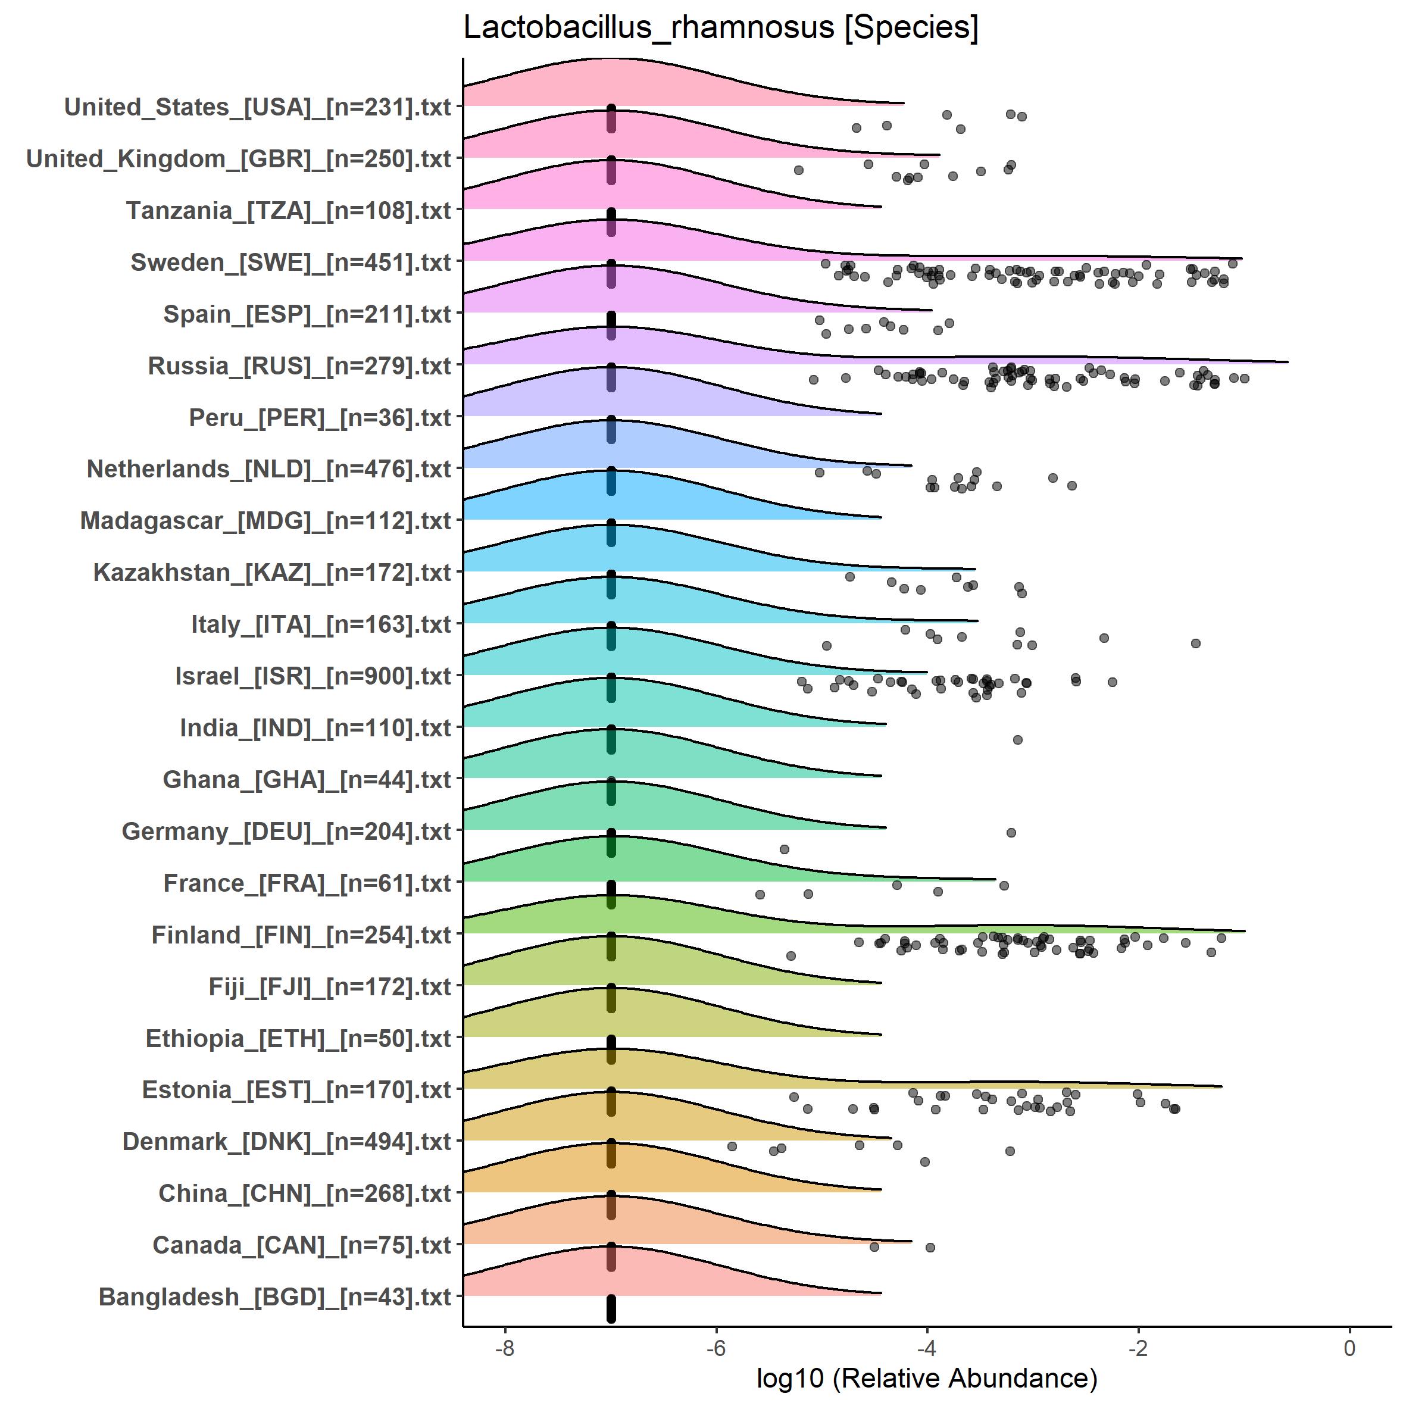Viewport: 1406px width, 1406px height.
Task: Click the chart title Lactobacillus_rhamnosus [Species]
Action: [x=720, y=27]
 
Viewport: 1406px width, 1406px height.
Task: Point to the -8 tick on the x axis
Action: [x=505, y=1348]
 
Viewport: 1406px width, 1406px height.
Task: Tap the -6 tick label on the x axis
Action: [x=716, y=1348]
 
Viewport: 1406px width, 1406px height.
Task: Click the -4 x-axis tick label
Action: [x=927, y=1348]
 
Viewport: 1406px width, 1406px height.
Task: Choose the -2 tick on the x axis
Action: [x=1138, y=1348]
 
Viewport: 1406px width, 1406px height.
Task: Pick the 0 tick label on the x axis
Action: [x=1349, y=1348]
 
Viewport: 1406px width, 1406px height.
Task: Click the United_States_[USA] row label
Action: [x=258, y=107]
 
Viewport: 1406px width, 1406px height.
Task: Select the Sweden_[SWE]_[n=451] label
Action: [x=291, y=262]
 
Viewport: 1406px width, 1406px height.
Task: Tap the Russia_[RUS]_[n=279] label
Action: [x=300, y=365]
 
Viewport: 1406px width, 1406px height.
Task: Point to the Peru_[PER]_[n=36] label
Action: [x=320, y=418]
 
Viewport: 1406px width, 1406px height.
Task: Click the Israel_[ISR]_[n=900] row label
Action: [x=313, y=676]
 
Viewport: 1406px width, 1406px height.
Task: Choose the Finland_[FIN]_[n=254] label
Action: [x=301, y=935]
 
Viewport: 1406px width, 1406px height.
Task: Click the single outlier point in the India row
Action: [x=1018, y=740]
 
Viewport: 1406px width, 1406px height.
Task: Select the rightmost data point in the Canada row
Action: [x=930, y=1247]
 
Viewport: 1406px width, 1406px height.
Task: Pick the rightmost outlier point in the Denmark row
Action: [x=1010, y=1151]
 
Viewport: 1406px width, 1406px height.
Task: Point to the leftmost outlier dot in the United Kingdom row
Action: [x=798, y=170]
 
